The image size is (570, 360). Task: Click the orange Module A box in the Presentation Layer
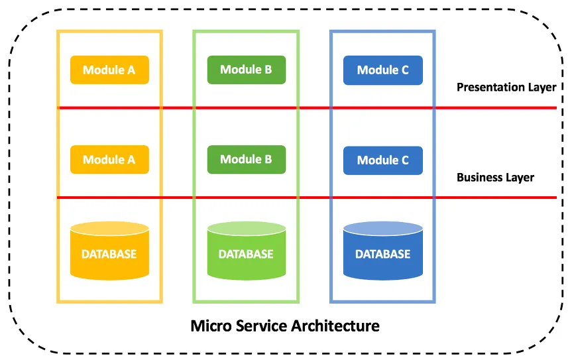tap(109, 70)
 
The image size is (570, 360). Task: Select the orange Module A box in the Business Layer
tap(109, 160)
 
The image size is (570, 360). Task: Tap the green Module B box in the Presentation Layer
tap(246, 70)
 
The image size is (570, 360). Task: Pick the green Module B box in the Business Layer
tap(246, 159)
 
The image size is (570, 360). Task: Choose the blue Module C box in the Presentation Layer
tap(382, 70)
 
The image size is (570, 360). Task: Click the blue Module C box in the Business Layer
tap(382, 160)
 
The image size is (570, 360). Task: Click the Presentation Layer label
tap(506, 88)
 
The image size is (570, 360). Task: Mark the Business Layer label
tap(495, 178)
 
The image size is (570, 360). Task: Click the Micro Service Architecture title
tap(285, 326)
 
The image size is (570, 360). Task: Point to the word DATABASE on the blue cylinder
tap(382, 255)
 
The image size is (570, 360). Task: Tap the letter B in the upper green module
tap(268, 70)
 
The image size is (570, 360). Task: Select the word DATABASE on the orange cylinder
tap(109, 255)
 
